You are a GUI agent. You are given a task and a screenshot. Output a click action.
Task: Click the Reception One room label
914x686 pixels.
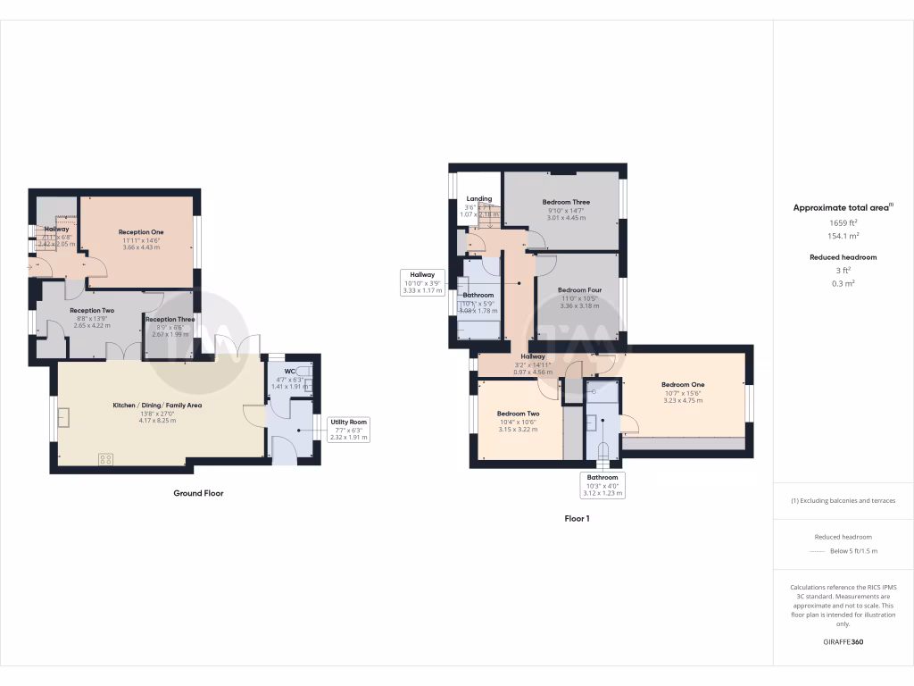[141, 232]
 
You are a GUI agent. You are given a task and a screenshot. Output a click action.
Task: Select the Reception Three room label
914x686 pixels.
[170, 320]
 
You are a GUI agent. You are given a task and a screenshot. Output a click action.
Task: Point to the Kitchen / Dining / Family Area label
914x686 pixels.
[156, 406]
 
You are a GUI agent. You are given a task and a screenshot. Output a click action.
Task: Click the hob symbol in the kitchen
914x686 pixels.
[105, 459]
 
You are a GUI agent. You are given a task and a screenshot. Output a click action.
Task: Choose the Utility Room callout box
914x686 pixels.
[348, 430]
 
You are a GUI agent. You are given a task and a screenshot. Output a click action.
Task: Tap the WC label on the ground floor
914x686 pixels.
[289, 371]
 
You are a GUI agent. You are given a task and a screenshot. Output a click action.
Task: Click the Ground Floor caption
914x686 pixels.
[198, 493]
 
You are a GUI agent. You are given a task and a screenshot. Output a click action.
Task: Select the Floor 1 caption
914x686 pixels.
[577, 518]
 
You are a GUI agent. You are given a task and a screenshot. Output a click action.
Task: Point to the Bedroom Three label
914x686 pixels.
[566, 203]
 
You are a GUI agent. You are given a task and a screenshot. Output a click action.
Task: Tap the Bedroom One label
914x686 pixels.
[683, 385]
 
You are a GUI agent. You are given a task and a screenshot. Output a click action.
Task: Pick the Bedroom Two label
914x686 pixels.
[518, 414]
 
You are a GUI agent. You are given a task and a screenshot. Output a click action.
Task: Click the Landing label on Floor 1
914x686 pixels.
[478, 198]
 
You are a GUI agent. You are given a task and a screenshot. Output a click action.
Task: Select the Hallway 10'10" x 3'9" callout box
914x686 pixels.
[422, 281]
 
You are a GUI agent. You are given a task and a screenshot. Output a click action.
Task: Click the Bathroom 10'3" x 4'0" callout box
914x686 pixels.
[602, 484]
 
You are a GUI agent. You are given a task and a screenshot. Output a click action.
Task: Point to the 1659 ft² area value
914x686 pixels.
[843, 222]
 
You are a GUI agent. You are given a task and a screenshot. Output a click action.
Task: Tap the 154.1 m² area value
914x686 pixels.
[843, 236]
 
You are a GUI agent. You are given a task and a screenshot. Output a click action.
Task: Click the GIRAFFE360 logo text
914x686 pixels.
[843, 642]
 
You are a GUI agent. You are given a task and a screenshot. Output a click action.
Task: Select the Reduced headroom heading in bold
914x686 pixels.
[843, 257]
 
